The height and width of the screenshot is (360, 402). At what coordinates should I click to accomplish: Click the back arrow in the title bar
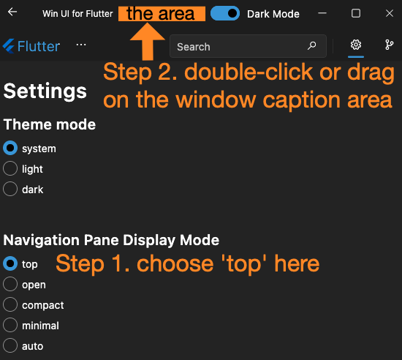(12, 13)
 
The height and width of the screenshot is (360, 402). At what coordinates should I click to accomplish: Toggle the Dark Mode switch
(225, 13)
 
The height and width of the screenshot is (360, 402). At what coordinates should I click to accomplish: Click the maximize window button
(356, 13)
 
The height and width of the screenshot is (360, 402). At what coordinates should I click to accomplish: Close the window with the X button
(388, 13)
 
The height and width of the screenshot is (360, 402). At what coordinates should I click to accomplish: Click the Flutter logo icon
(10, 46)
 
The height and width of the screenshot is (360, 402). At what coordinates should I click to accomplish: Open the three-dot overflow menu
(81, 45)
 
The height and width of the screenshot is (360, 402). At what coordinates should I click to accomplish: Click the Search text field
(238, 47)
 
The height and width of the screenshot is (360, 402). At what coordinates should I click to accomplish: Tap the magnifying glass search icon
(312, 46)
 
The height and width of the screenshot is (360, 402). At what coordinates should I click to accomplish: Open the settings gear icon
(356, 45)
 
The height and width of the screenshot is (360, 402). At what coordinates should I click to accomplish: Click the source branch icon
(389, 45)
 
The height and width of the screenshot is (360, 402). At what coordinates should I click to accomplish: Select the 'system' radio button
(10, 149)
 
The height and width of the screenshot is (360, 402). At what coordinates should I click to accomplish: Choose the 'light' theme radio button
(10, 169)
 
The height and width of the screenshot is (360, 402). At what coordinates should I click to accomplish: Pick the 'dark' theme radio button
(10, 190)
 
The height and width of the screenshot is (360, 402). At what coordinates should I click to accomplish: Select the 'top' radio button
(10, 264)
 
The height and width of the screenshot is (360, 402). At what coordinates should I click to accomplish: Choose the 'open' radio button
(10, 285)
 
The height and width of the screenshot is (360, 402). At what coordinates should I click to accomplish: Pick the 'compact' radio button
(10, 305)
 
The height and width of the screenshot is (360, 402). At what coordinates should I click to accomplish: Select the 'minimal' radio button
(10, 326)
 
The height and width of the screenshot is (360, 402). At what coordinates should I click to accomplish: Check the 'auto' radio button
(10, 346)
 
